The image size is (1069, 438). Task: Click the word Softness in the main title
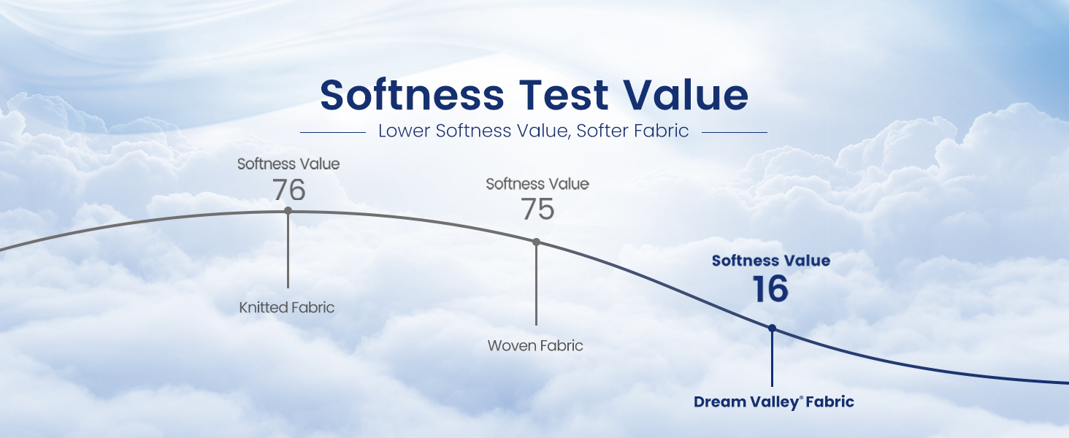[x=412, y=94]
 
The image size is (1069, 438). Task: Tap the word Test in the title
[x=564, y=94]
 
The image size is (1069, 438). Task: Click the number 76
[x=288, y=190]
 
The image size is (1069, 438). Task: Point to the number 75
[x=538, y=209]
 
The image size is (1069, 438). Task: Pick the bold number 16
[x=770, y=288]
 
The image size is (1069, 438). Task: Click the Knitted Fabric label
[x=286, y=307]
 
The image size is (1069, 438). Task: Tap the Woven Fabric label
[x=535, y=345]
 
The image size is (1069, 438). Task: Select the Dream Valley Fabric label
[x=773, y=401]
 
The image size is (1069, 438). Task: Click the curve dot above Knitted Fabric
[x=288, y=210]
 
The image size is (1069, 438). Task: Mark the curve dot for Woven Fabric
[x=536, y=242]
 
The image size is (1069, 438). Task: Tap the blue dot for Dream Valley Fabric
[x=772, y=328]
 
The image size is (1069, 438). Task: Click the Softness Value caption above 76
[x=288, y=164]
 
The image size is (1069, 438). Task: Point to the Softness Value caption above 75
[x=537, y=184]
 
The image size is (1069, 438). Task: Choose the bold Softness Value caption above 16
[x=771, y=261]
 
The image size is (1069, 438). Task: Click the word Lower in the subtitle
[x=404, y=131]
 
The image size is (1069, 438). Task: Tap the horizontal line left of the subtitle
[x=333, y=132]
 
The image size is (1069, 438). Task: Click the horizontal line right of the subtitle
[x=735, y=132]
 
